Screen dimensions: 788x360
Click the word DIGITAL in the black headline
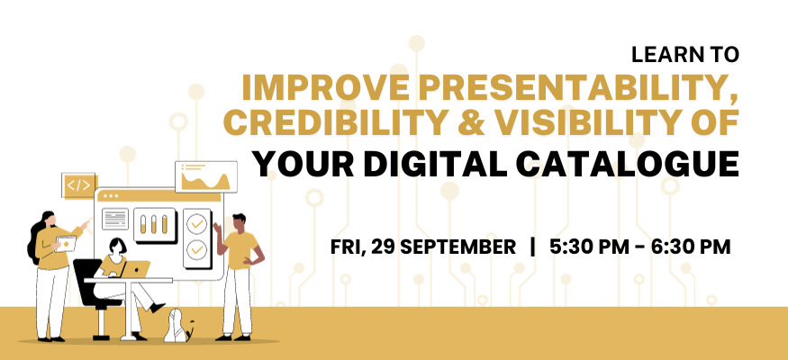coord(432,164)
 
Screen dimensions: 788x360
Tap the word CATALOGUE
coord(626,164)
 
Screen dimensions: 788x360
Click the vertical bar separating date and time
coord(533,247)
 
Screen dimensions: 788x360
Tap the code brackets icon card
coord(78,185)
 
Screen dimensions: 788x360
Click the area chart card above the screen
coord(206,176)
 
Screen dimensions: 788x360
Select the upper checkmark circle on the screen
coord(196,224)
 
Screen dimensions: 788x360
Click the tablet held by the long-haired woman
coord(66,244)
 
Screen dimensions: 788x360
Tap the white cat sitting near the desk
coord(177,326)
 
